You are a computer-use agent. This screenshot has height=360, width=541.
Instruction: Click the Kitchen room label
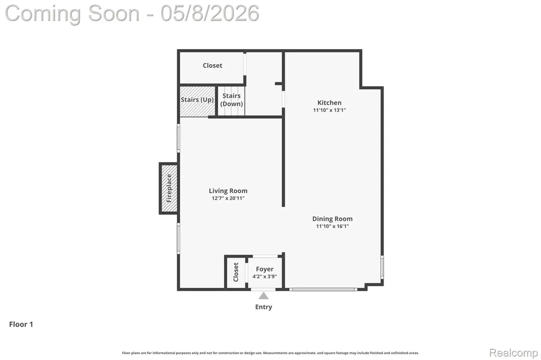330,102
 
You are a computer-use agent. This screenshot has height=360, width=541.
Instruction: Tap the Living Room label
228,191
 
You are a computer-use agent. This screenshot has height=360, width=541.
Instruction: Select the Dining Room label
332,219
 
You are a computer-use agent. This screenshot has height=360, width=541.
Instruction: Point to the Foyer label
265,269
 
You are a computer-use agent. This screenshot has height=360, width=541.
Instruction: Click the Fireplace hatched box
169,188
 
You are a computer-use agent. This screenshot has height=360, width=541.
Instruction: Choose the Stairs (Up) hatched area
198,101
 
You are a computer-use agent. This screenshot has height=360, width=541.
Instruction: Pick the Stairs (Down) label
231,100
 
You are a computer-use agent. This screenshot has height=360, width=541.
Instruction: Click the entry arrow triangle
264,296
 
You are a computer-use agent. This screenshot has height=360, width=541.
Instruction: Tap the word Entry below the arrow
264,307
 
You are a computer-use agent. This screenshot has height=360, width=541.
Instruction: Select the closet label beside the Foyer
236,272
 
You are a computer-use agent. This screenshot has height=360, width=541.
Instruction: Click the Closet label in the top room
212,65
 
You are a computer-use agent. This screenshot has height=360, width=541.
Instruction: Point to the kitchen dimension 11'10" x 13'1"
330,110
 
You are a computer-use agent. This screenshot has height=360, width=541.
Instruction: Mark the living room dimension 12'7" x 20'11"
228,198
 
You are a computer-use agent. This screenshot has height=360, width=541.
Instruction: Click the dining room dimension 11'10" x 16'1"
333,226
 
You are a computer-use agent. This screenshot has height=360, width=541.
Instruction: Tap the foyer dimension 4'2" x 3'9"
265,277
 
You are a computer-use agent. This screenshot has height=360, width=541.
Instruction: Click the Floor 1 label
21,324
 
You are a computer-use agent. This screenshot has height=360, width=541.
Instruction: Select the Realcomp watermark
514,353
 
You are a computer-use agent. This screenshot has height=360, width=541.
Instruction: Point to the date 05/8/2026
210,13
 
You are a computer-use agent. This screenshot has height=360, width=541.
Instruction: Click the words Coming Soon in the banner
72,13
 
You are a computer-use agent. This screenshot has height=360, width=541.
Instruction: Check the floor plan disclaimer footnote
270,353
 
